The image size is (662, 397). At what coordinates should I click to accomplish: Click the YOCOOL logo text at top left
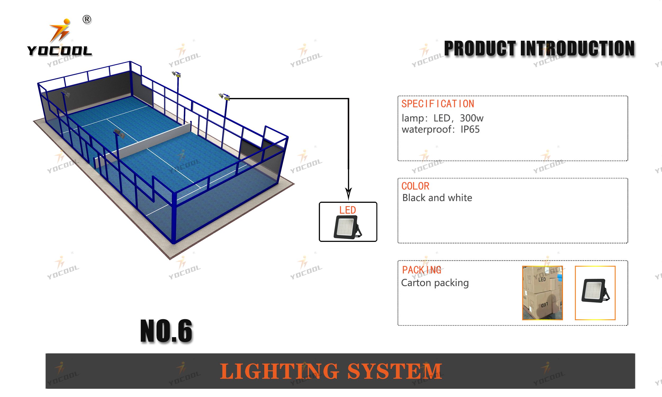(59, 51)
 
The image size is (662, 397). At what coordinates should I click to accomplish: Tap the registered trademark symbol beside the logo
(87, 20)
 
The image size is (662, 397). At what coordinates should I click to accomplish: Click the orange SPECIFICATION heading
(438, 104)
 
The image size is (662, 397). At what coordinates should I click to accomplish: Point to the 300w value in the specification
(472, 118)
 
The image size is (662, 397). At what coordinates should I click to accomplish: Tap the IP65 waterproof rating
(470, 129)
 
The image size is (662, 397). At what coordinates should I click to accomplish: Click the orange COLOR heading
(415, 186)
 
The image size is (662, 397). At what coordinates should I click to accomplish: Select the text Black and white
(437, 198)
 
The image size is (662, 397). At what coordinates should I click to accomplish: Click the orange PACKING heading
(422, 270)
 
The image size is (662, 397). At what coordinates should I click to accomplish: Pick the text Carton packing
(435, 283)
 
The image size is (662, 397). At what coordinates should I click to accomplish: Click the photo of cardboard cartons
(542, 293)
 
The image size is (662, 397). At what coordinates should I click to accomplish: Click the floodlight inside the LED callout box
(347, 227)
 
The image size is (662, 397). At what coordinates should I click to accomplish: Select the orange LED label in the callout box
(348, 210)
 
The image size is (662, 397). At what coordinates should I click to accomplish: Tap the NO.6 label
(166, 331)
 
